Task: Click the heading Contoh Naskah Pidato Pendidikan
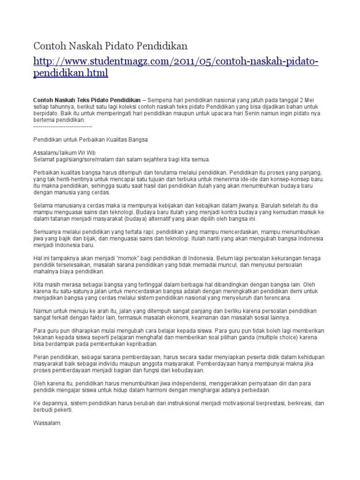pos(110,46)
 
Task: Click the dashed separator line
pos(63,127)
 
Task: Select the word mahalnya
pos(45,271)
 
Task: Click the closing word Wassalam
pos(47,422)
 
